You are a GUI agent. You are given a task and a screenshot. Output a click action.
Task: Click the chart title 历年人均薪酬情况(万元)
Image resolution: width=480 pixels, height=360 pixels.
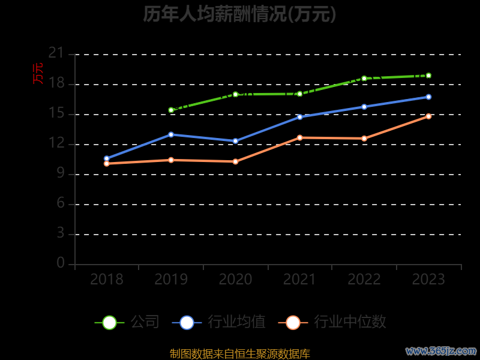(x=239, y=14)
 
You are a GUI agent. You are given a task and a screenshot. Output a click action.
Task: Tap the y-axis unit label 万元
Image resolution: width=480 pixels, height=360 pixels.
(x=38, y=73)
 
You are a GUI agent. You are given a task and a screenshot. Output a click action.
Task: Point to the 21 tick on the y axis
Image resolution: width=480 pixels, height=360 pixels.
(x=56, y=53)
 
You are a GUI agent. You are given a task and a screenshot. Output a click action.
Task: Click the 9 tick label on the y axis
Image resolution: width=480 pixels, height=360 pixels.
(x=60, y=174)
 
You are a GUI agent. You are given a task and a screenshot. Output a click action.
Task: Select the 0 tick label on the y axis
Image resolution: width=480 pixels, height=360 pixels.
(x=60, y=263)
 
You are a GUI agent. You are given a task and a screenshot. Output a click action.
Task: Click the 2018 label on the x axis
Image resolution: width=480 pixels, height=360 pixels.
(x=106, y=280)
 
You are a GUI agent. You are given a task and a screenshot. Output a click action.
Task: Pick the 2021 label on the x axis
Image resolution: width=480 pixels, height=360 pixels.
(x=299, y=280)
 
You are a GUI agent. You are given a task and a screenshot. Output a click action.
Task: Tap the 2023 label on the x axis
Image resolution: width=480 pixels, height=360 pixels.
(x=428, y=280)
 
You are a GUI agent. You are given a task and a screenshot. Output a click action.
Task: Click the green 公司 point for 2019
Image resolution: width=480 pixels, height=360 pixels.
(x=171, y=110)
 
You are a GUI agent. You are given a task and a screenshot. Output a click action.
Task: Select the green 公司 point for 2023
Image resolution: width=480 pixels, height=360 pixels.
(x=428, y=76)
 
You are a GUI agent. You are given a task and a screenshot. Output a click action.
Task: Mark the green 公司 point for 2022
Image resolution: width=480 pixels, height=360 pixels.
(x=364, y=78)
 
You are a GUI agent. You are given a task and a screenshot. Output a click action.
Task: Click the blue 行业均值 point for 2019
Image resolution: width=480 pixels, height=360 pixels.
(x=171, y=134)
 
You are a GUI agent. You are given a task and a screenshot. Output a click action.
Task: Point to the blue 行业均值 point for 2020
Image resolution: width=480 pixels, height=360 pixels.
(x=235, y=141)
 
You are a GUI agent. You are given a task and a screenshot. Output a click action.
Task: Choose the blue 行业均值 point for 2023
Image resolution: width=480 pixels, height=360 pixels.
(x=428, y=97)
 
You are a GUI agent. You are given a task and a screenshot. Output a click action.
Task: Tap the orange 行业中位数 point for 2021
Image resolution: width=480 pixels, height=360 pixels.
(x=299, y=137)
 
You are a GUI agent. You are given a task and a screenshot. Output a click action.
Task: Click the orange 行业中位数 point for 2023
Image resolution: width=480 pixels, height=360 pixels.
(x=428, y=116)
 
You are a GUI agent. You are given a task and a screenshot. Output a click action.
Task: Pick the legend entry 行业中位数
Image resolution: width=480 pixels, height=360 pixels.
(x=332, y=322)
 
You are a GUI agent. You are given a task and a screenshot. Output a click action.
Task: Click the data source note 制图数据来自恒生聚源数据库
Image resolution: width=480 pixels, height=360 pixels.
(x=239, y=353)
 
